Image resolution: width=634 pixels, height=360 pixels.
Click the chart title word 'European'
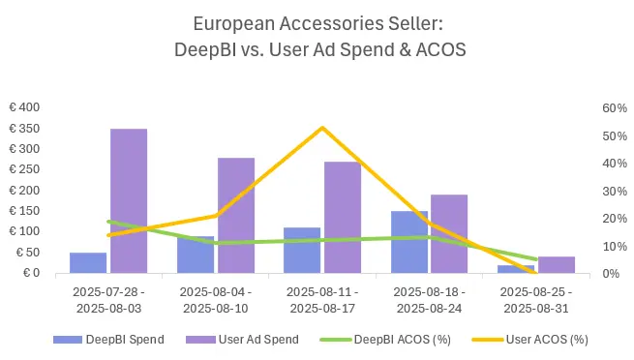tap(227, 22)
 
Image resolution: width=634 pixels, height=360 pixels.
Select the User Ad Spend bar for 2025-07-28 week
tap(129, 201)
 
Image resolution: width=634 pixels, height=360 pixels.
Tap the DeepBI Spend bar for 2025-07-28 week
tap(88, 263)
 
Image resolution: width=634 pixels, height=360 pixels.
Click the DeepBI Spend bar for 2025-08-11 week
tap(302, 251)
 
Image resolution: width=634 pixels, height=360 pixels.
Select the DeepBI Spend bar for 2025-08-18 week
tap(408, 242)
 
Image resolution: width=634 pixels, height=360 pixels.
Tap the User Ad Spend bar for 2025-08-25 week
tap(556, 265)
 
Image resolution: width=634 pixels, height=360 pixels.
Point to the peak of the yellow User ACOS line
tap(321, 128)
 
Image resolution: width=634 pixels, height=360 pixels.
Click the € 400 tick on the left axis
tap(25, 107)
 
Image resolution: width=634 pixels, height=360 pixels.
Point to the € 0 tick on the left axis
tap(31, 273)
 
